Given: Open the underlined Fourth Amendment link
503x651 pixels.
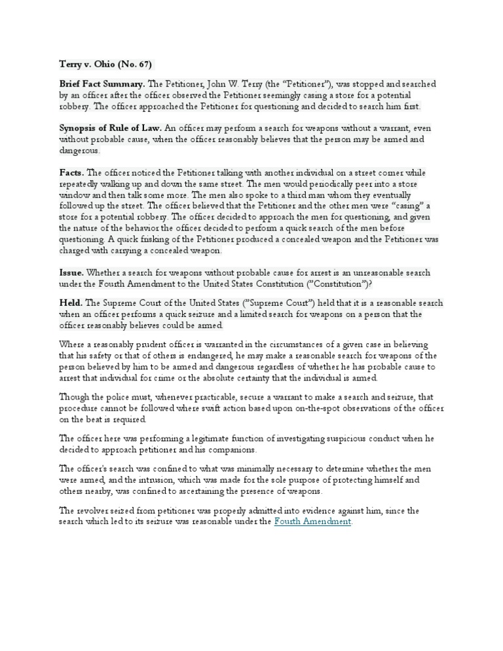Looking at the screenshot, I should coord(313,521).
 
